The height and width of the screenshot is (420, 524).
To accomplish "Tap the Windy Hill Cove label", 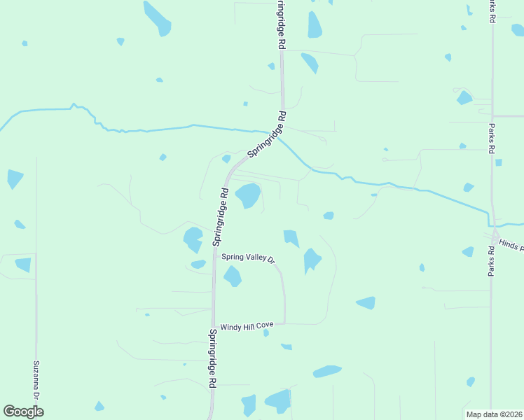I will (247, 327).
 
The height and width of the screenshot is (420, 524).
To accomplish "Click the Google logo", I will (23, 412).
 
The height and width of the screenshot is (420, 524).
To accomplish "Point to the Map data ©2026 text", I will (494, 414).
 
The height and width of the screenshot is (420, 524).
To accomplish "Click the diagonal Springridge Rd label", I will (267, 133).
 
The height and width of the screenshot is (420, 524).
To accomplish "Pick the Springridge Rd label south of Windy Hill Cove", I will (212, 359).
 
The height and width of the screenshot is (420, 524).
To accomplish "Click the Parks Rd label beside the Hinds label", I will (492, 258).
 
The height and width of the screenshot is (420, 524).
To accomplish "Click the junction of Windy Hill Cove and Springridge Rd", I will (213, 324).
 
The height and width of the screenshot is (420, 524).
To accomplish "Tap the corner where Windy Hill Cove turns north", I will (284, 323).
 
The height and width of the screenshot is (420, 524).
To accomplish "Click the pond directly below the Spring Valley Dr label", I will (233, 276).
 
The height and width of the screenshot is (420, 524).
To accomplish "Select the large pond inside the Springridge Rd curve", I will (247, 195).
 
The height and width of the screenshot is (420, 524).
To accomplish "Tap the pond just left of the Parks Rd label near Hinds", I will (467, 252).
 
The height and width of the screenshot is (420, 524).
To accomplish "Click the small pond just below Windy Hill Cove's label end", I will (266, 333).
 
